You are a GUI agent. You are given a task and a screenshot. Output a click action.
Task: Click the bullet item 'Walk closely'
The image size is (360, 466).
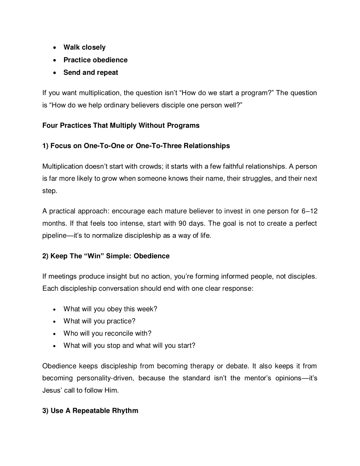[x=84, y=47]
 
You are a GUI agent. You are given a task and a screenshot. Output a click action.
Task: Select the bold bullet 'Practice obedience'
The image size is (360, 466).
[x=95, y=60]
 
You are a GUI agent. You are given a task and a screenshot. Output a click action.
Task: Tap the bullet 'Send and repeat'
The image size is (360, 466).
[x=91, y=73]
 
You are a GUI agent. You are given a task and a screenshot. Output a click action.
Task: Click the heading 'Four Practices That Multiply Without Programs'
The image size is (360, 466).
[x=121, y=126]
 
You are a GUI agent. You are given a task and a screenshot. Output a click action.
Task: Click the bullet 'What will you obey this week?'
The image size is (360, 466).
[x=110, y=309]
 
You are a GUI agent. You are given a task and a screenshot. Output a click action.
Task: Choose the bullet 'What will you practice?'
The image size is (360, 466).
[x=99, y=321]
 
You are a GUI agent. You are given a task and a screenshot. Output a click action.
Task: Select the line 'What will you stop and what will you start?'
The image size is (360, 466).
[x=129, y=346]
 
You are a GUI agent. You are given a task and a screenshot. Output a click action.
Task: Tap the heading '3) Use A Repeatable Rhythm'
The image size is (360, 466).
[x=90, y=411]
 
